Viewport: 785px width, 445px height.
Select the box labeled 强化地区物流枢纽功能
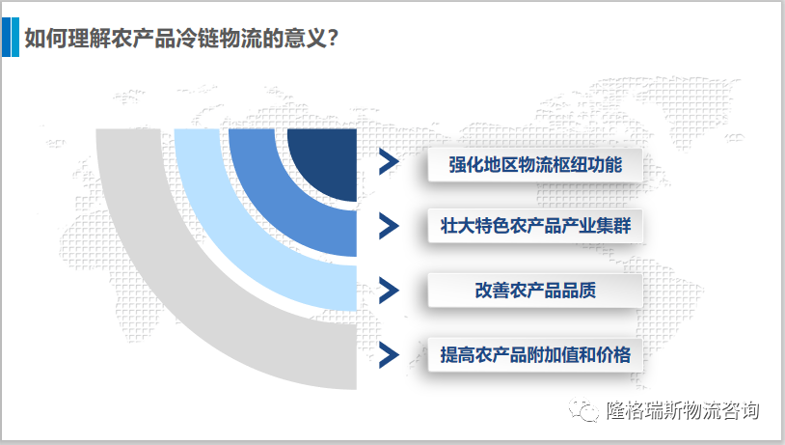534,165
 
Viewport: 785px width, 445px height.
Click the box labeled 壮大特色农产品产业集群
534,227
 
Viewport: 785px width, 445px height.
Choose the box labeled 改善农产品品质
534,291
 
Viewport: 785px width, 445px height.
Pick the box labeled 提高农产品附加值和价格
534,354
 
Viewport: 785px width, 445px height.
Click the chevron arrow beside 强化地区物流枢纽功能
388,163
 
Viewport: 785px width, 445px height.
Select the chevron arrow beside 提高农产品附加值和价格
388,354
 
